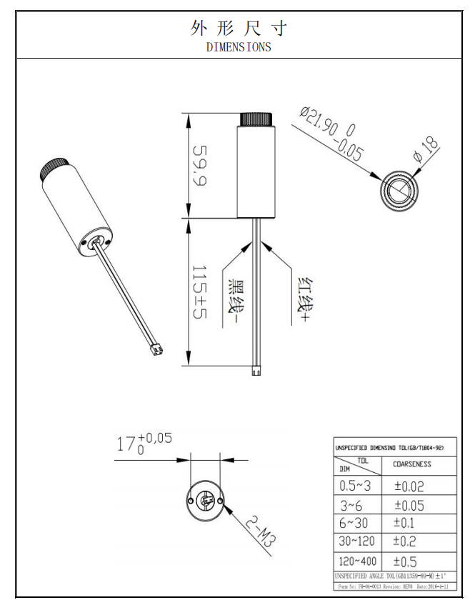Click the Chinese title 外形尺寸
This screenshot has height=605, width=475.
[x=239, y=29]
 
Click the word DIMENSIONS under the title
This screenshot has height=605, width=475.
[x=239, y=47]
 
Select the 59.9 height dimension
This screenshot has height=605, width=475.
[x=198, y=165]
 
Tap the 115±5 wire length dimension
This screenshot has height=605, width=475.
[x=198, y=292]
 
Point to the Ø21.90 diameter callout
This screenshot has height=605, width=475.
[x=331, y=133]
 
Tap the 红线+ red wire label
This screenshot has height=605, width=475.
[x=303, y=298]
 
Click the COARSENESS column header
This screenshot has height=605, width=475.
[x=412, y=464]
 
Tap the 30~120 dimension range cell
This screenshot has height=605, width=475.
[x=357, y=541]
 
